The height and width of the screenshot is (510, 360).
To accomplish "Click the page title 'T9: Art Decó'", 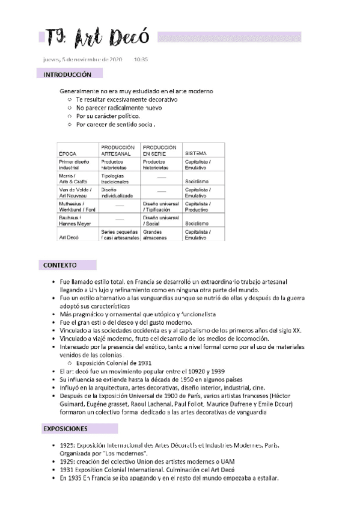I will (96, 38).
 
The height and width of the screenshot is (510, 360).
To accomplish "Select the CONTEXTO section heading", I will (59, 265).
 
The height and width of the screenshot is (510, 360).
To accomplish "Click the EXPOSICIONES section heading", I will (66, 429).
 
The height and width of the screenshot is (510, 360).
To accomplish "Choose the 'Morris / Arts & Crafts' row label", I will (73, 179).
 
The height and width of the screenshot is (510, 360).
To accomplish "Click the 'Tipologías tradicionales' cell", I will (115, 179).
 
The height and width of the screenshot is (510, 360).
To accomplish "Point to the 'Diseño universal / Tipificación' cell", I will (161, 207).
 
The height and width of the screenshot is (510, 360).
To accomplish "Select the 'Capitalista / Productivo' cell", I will (198, 207).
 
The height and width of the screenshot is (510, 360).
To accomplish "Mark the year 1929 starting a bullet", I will (67, 461).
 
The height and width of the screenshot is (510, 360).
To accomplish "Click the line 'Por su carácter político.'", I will (108, 115).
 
